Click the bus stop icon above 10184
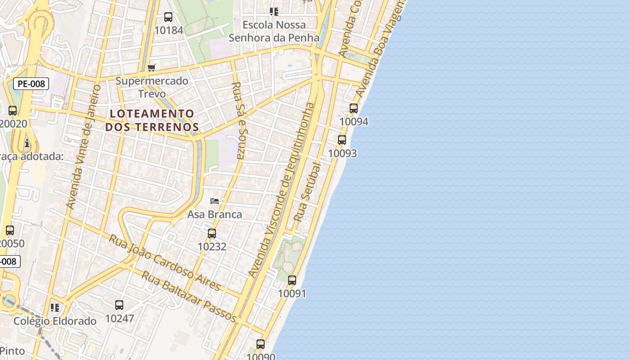click(x=168, y=17)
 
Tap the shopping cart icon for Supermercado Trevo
click(x=152, y=67)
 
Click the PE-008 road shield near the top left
click(x=31, y=84)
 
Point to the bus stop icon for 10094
click(x=354, y=108)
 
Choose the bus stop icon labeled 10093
click(x=342, y=140)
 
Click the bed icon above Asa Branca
click(x=215, y=201)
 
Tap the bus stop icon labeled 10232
click(x=212, y=234)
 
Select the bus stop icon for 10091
click(x=292, y=280)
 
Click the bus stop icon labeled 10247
click(x=119, y=305)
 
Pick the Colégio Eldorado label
click(x=55, y=321)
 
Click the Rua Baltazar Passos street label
click(x=189, y=296)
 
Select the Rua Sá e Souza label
click(x=238, y=120)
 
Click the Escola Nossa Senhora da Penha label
click(x=274, y=31)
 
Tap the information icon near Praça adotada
click(x=27, y=143)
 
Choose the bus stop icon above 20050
click(x=10, y=230)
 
